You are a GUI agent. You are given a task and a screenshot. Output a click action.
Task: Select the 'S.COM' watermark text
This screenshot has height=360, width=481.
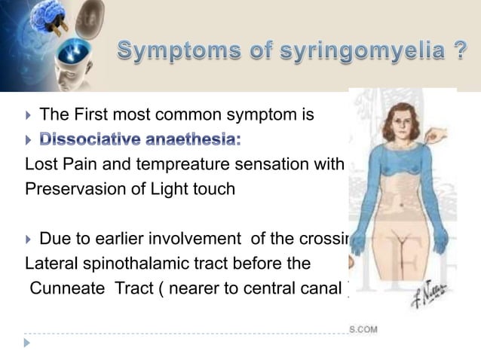pyautogui.click(x=363, y=329)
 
